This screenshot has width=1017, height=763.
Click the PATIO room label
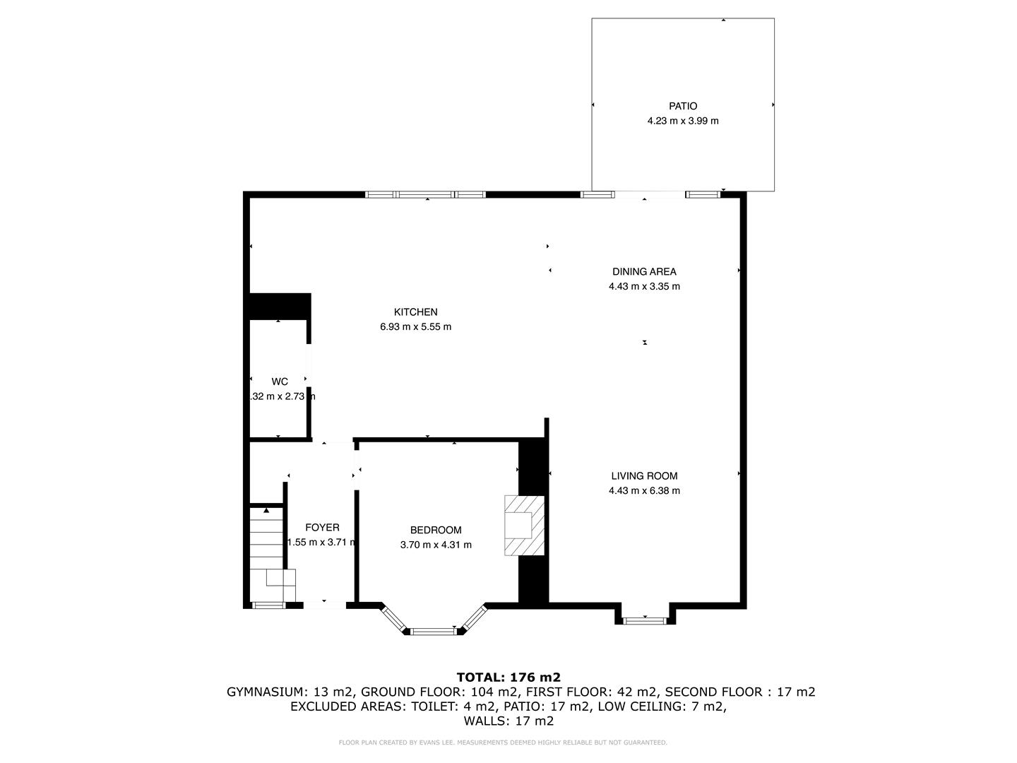pos(682,106)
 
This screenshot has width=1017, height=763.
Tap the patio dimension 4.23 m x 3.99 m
pos(682,121)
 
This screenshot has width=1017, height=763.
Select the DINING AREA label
pos(643,271)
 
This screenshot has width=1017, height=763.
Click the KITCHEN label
pos(415,312)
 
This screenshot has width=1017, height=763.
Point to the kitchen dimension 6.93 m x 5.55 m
pos(415,326)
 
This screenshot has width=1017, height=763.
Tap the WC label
pos(280,381)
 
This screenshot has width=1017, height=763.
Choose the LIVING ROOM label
pos(644,476)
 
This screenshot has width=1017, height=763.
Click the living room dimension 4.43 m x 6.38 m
pos(644,491)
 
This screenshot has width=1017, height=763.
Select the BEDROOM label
pos(436,530)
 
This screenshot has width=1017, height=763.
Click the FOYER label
pos(322,527)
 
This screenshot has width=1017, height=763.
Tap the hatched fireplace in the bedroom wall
pos(524,526)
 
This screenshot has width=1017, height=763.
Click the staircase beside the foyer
pos(266,551)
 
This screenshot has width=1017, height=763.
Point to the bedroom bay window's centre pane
pos(434,630)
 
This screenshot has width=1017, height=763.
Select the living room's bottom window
pos(645,620)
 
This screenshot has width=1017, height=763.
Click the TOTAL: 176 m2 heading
pos(509,677)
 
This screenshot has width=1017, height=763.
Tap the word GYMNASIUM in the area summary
pos(266,692)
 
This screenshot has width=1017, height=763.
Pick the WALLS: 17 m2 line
pos(509,721)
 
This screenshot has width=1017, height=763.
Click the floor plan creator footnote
pos(503,743)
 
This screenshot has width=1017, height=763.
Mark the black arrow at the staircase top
pos(266,509)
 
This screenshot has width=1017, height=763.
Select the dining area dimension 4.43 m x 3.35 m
pos(643,286)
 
